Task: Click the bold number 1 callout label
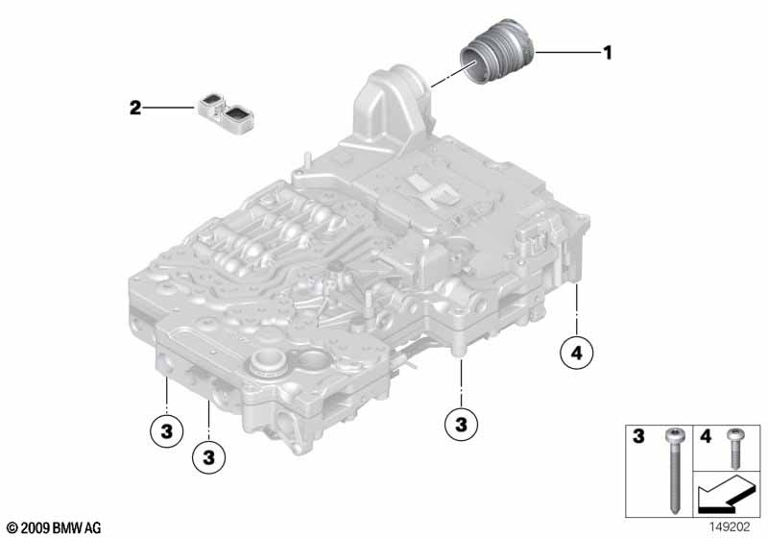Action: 606,52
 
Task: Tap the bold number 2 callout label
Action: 136,108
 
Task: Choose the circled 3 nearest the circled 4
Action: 461,422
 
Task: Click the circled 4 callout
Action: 576,355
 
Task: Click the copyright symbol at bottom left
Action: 11,527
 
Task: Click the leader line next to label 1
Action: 566,52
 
